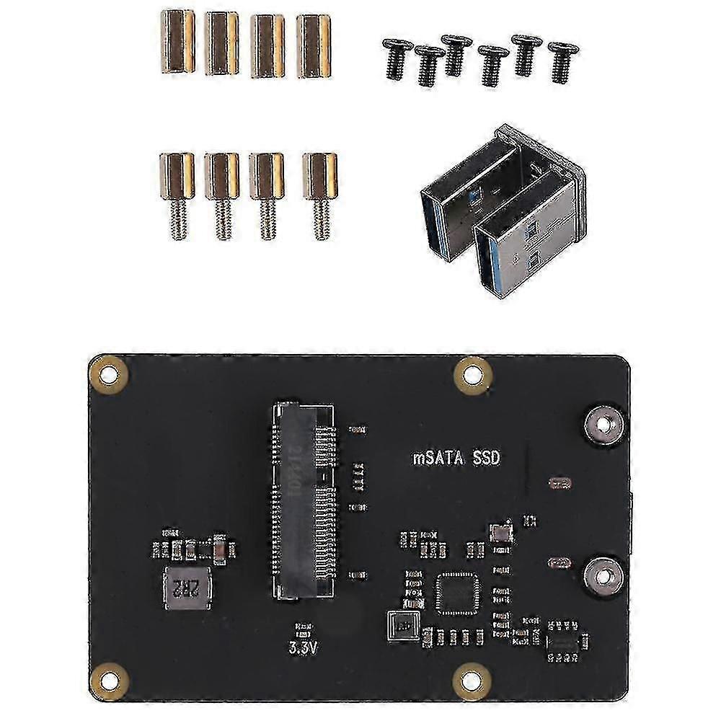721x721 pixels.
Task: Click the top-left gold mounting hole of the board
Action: (x=109, y=373)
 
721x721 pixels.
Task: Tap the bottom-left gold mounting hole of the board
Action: (x=109, y=680)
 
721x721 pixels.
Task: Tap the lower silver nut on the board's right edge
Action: (x=601, y=575)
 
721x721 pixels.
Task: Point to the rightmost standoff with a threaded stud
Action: (x=319, y=195)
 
